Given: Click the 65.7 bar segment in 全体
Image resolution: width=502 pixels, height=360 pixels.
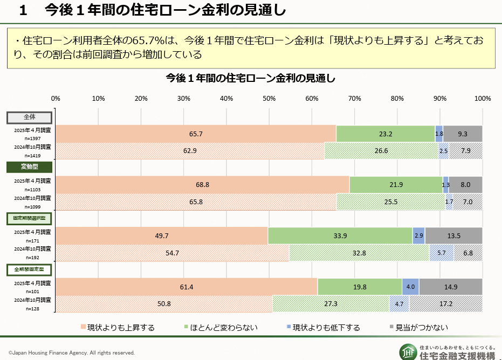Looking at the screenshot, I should [196, 134].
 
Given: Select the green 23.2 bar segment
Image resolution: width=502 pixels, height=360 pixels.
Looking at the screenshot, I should [385, 134].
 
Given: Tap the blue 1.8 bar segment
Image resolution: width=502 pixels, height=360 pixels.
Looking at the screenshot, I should [439, 134].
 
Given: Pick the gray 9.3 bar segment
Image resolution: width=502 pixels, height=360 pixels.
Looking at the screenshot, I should [463, 134].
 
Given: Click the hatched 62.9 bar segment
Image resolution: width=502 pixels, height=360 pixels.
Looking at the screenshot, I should [190, 151].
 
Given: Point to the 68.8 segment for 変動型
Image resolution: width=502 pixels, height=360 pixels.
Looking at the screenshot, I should [202, 185].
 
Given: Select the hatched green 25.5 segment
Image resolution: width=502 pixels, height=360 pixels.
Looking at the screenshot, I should [391, 202].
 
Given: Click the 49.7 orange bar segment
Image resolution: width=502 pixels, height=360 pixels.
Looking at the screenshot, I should [161, 236].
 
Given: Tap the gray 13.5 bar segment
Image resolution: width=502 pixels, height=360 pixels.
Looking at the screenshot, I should [453, 236].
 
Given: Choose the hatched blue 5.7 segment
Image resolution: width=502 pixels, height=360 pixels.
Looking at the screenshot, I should [441, 253].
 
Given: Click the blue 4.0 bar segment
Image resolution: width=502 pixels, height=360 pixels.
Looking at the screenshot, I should [410, 287].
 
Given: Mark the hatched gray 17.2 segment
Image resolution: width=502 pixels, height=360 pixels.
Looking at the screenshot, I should [446, 304].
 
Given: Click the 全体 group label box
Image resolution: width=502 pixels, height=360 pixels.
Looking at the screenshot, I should [29, 117].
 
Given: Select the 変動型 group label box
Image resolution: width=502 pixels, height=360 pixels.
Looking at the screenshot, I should [29, 167].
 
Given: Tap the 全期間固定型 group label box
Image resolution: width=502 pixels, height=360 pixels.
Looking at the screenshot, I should [29, 269].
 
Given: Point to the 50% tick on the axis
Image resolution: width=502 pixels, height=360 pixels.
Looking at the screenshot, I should [269, 99].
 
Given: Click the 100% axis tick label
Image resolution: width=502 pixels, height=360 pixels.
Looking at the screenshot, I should [482, 99].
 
